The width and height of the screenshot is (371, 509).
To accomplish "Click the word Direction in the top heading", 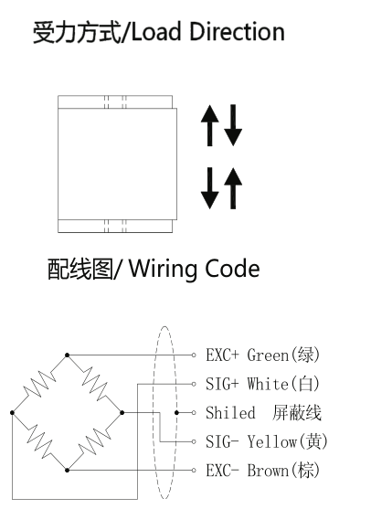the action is click(x=237, y=32).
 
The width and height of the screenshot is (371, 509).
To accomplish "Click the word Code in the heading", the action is click(x=232, y=269).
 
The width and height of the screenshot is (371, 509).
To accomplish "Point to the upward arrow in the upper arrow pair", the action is click(x=209, y=125).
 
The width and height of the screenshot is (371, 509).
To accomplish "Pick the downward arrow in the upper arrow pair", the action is click(x=233, y=125).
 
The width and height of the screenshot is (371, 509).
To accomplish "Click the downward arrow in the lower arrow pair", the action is click(x=209, y=188).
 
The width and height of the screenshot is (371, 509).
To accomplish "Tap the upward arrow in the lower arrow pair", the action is click(x=233, y=188).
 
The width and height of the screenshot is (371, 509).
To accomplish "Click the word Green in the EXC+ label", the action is click(x=268, y=355).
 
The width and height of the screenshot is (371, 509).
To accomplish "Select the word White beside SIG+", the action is click(x=268, y=384).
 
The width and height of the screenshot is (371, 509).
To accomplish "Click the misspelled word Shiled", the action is click(x=230, y=413).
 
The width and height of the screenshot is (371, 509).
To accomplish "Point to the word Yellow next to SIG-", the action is click(x=272, y=441).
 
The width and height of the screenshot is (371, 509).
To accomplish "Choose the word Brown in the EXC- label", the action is click(x=268, y=471).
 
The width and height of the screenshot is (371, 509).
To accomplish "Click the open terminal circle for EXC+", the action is click(x=194, y=355).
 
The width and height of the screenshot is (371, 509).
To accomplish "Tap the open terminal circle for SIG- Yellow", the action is click(x=194, y=441).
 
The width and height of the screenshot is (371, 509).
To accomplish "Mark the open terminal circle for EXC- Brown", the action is click(x=194, y=471).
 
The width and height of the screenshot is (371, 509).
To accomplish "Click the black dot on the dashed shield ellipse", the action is click(x=176, y=413).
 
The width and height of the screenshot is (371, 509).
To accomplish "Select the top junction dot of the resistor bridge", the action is click(x=68, y=355).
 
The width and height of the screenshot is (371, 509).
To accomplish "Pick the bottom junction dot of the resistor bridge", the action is click(x=68, y=471).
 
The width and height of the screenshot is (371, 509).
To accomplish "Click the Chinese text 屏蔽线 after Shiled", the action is click(x=297, y=413).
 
